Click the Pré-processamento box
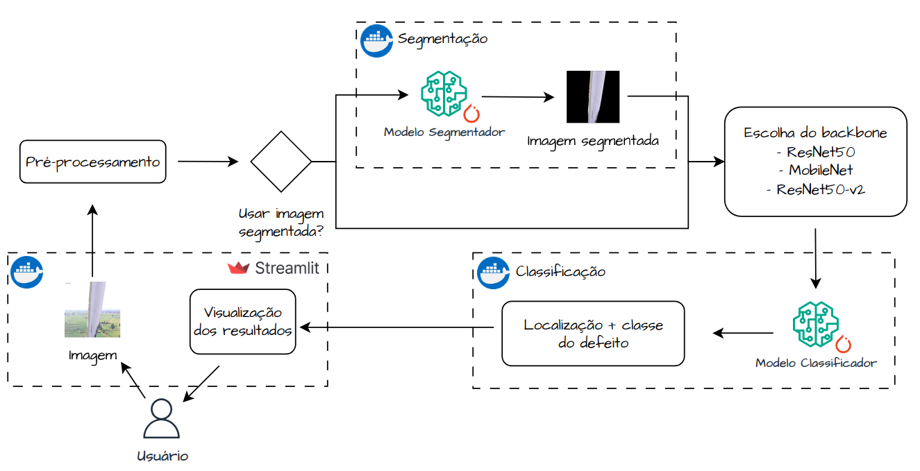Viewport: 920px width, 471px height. pos(92,162)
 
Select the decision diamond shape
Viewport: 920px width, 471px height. pos(281,162)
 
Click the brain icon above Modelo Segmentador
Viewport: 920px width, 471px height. pos(444,94)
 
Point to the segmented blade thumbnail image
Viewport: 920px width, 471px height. pos(592,96)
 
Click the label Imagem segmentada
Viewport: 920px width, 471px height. pos(592,141)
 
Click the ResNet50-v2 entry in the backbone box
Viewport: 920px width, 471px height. pos(815,189)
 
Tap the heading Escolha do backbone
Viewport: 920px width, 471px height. pos(815,132)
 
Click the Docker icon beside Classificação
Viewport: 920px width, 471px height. pos(494,271)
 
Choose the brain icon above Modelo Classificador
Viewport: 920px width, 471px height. pos(817,325)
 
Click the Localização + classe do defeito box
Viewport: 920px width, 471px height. pos(592,333)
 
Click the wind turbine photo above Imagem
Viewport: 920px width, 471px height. pos(92,309)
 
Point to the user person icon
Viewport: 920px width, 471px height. pos(161,418)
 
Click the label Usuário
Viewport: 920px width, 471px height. pos(162,456)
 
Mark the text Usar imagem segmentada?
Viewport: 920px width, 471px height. pos(281,223)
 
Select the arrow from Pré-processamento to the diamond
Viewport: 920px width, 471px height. pos(208,162)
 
